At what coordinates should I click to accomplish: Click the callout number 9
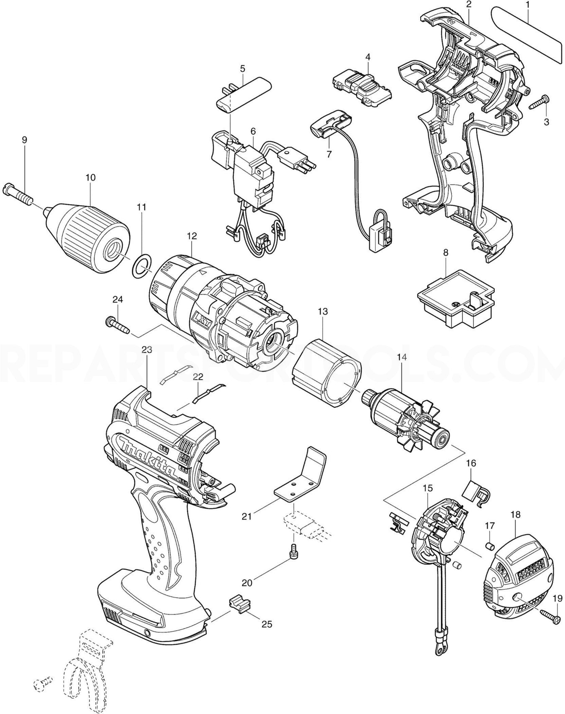tap(24, 140)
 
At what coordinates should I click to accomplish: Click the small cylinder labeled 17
tap(490, 546)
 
